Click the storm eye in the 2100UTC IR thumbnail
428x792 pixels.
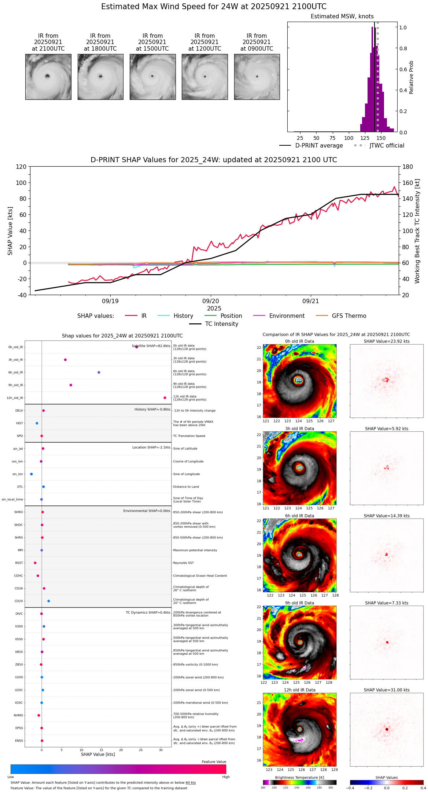coord(47,76)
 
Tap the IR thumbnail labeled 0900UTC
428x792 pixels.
coord(257,77)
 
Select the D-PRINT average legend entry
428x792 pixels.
coord(311,146)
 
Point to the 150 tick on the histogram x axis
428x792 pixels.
coord(381,138)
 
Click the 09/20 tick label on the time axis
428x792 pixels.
coord(211,301)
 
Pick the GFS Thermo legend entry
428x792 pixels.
coord(341,316)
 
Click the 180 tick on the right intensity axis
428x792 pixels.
coord(408,167)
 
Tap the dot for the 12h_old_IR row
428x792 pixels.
coord(165,398)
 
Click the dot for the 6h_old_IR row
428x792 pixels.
coord(99,373)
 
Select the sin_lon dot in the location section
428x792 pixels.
coord(32,474)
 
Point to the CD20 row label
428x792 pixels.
coord(19,601)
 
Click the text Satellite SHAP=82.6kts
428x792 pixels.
coord(151,346)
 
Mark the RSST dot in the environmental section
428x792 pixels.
coord(35,563)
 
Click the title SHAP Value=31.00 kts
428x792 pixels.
coord(387,690)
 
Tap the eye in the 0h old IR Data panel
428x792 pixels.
coord(299,380)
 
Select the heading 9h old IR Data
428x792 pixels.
coord(299,603)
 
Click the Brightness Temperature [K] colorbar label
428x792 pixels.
coord(299,777)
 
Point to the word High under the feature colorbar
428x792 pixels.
coord(226,777)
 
